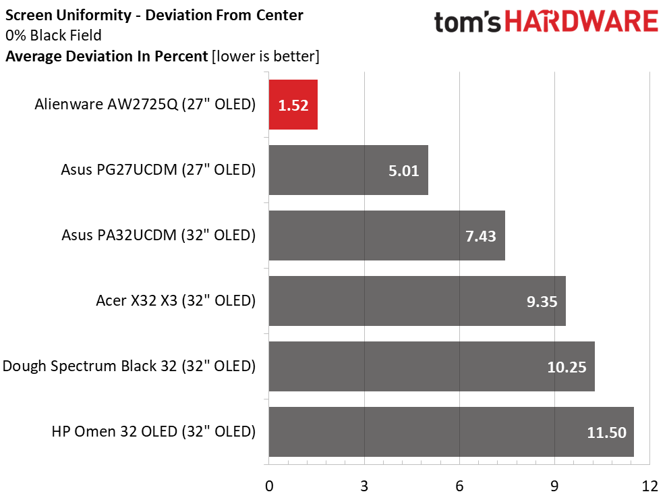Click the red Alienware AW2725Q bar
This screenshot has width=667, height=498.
click(293, 105)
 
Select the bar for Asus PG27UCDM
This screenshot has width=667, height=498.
click(348, 170)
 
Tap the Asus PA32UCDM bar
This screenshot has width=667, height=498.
click(386, 236)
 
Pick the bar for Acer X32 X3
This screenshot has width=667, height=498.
click(417, 301)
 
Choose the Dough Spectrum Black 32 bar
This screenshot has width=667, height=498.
click(432, 366)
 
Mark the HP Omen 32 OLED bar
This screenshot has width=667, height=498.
click(451, 432)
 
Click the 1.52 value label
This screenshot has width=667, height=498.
click(293, 105)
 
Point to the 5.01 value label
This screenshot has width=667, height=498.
click(403, 171)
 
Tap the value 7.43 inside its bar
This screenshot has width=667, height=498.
click(480, 236)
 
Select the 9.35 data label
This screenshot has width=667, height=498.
click(541, 302)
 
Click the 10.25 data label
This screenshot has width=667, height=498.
click(567, 367)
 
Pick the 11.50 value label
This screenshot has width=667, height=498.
click(606, 433)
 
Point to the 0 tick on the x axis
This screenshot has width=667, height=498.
click(269, 485)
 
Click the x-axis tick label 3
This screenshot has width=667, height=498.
click(364, 485)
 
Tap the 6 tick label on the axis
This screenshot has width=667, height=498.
click(459, 485)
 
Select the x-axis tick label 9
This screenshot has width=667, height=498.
click(554, 485)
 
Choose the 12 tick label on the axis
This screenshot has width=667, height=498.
click(649, 485)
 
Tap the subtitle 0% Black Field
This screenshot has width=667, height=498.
click(55, 36)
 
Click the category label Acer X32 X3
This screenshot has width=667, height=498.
click(175, 301)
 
